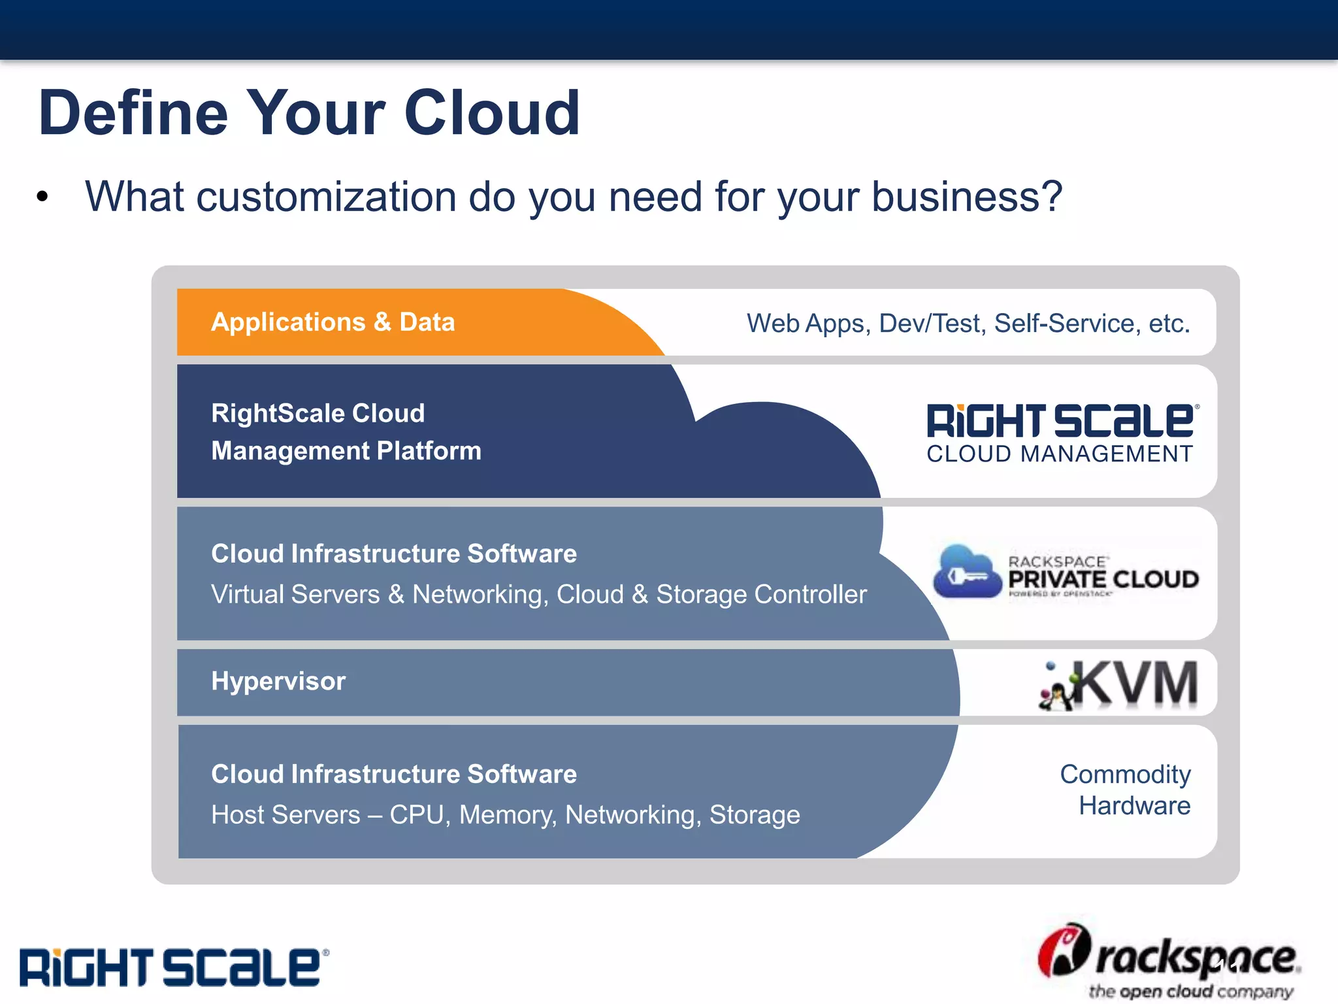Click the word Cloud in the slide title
[x=491, y=113]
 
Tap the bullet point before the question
[x=43, y=197]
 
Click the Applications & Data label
[x=333, y=322]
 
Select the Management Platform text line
[x=346, y=451]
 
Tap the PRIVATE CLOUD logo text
[x=1103, y=579]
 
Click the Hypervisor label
[x=278, y=681]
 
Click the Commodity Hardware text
[x=1125, y=790]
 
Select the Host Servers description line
[x=505, y=815]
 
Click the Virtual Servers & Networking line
[x=538, y=595]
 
